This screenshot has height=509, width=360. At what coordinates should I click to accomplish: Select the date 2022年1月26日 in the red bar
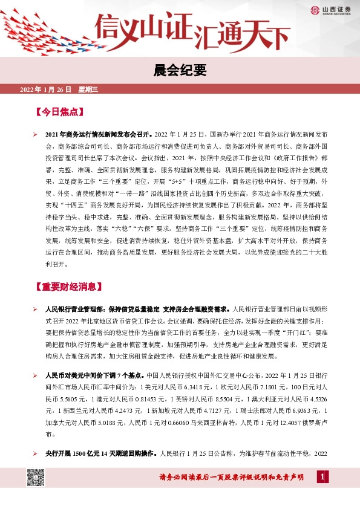tap(46, 89)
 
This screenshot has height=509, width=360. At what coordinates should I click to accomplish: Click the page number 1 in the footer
tap(324, 479)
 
